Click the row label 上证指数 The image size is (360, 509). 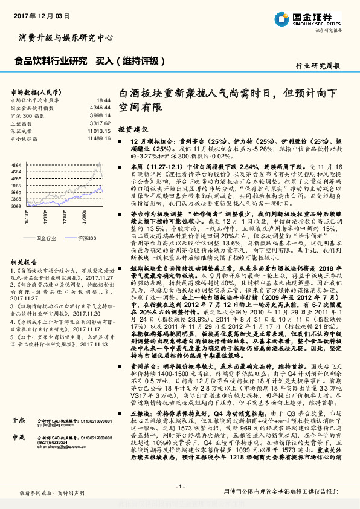tap(22, 123)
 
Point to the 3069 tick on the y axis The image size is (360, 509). tap(16, 206)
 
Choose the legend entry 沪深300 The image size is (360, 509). tap(87, 239)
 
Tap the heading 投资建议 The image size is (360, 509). tap(133, 129)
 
